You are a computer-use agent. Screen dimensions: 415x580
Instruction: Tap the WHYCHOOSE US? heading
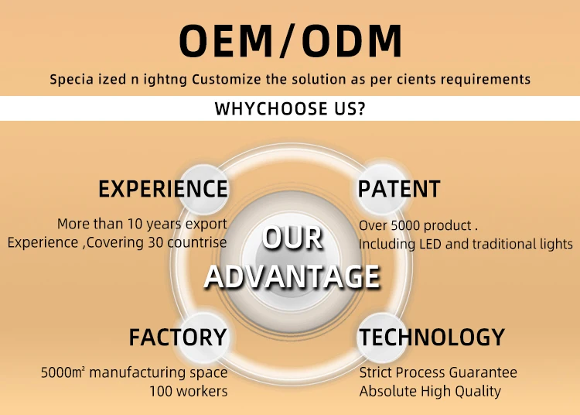point(290,108)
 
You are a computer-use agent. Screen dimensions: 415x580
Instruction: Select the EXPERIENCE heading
point(162,189)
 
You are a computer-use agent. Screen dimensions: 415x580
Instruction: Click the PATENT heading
point(399,189)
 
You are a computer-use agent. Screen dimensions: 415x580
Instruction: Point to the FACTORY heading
point(177,338)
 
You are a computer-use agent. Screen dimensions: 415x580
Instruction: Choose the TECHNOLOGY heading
point(432,338)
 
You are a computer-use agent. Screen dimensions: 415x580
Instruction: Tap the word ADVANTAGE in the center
point(292,276)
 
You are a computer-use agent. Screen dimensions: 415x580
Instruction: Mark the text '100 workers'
point(189,391)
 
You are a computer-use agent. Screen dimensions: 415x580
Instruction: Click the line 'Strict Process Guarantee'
point(438,372)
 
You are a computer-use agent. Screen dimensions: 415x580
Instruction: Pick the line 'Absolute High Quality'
point(430,391)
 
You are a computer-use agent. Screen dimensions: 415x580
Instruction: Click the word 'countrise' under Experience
point(196,242)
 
